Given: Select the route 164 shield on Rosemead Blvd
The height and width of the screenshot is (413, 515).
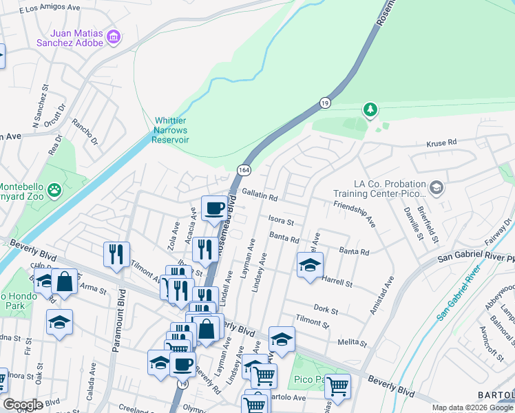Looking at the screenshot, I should tap(244, 169).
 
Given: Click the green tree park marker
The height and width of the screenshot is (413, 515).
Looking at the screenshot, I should tap(370, 109).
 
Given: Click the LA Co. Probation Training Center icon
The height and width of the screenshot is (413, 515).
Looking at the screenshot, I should tap(435, 187).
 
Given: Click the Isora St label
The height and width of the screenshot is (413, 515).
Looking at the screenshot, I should tap(281, 222).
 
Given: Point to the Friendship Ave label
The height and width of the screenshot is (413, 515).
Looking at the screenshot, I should tap(354, 215).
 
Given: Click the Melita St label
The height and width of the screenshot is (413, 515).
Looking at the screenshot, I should tap(350, 342).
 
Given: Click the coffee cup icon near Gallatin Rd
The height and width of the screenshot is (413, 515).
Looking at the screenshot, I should tap(214, 207).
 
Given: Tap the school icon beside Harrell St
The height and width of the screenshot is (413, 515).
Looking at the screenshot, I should tap(310, 265).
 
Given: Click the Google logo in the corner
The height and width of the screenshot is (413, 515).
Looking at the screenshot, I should tap(23, 404).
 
